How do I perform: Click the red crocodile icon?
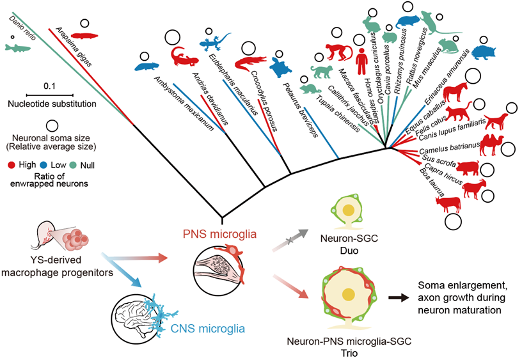point(251,62)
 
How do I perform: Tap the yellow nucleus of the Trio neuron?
point(349,295)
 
